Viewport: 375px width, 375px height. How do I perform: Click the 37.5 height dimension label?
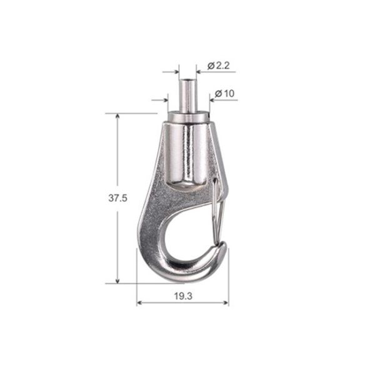(118, 198)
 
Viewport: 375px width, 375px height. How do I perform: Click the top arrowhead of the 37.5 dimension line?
(117, 117)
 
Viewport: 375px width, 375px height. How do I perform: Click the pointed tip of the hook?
(222, 249)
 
